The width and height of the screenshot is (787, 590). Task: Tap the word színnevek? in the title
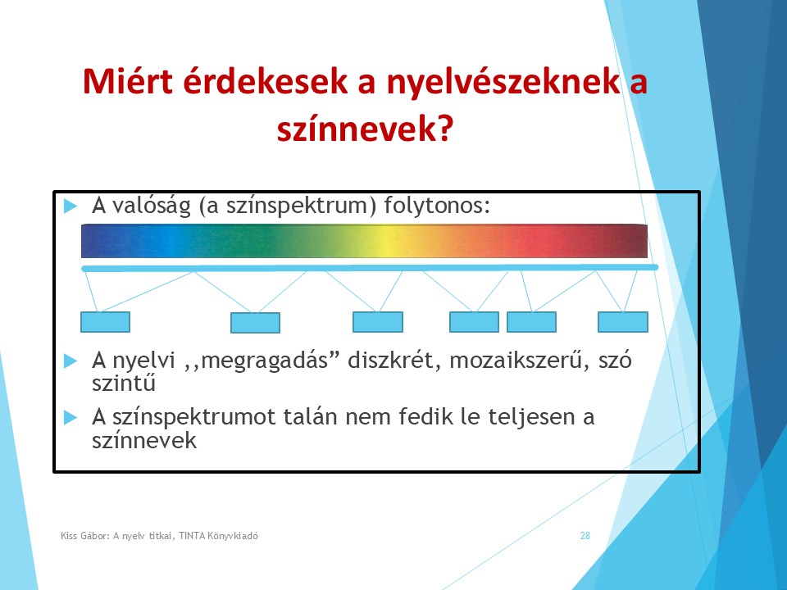tap(365, 129)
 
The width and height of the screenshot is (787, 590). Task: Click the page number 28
tap(585, 536)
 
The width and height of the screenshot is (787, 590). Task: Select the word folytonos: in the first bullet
tap(437, 206)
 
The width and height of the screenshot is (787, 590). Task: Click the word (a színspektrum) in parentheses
tap(288, 206)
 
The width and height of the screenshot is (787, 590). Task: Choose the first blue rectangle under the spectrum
tap(106, 322)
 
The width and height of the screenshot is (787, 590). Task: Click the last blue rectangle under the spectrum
tap(623, 322)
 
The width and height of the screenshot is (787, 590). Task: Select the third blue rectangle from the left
tap(378, 322)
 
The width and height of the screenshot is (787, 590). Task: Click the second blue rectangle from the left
tap(255, 323)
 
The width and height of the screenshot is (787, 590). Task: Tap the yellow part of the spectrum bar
tap(386, 241)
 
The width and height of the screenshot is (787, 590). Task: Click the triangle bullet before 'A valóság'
tap(71, 206)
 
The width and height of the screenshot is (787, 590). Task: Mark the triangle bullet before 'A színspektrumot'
tap(71, 417)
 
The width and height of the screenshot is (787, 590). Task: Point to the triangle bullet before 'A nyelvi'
tap(71, 361)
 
